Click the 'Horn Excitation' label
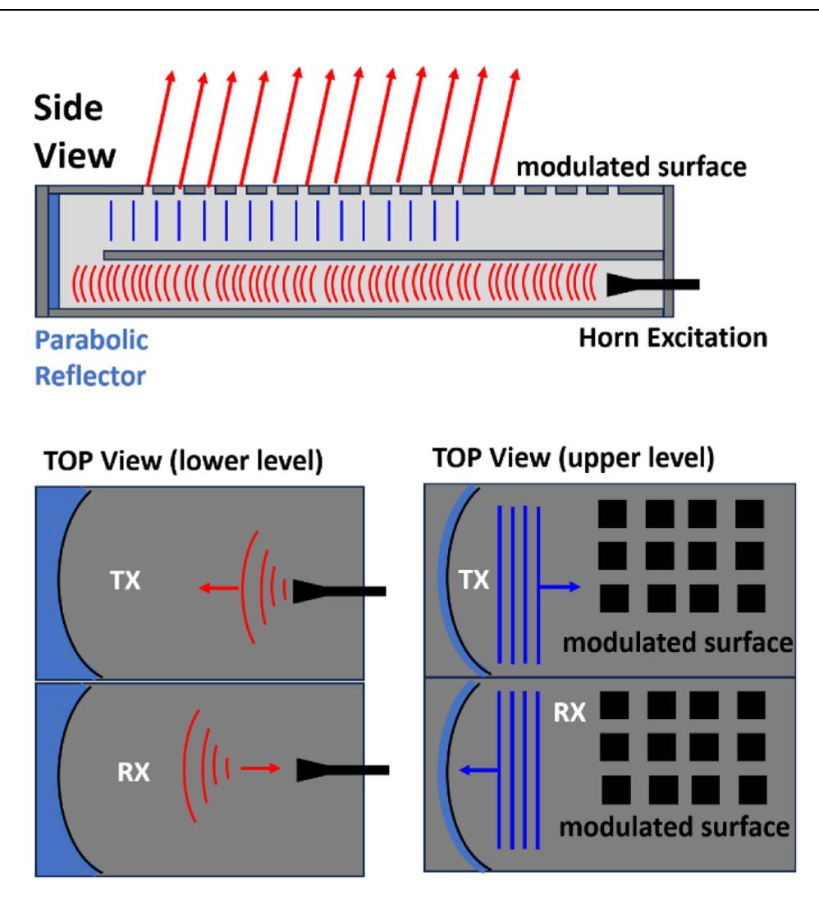671,337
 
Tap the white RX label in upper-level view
570,711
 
